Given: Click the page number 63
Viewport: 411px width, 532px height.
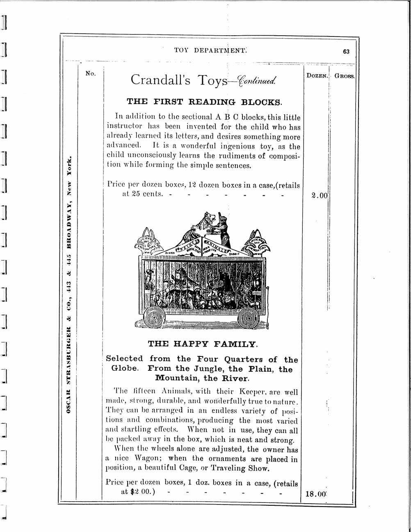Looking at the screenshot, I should tap(346, 52).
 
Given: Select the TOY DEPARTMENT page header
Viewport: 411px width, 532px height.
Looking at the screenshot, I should tap(210, 50).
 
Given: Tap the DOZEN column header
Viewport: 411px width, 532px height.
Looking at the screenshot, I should tap(317, 75).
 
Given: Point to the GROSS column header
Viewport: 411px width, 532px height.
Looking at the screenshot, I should tap(344, 76).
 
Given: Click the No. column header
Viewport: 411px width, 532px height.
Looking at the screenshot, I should tap(90, 73).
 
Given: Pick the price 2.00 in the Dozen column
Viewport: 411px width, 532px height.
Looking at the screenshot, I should tap(320, 196).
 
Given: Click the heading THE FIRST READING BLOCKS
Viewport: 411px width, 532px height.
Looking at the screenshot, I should tap(204, 101).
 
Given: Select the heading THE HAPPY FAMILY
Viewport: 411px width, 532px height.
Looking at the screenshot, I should tap(203, 344).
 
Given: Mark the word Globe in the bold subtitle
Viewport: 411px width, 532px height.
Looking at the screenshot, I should tap(125, 368).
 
